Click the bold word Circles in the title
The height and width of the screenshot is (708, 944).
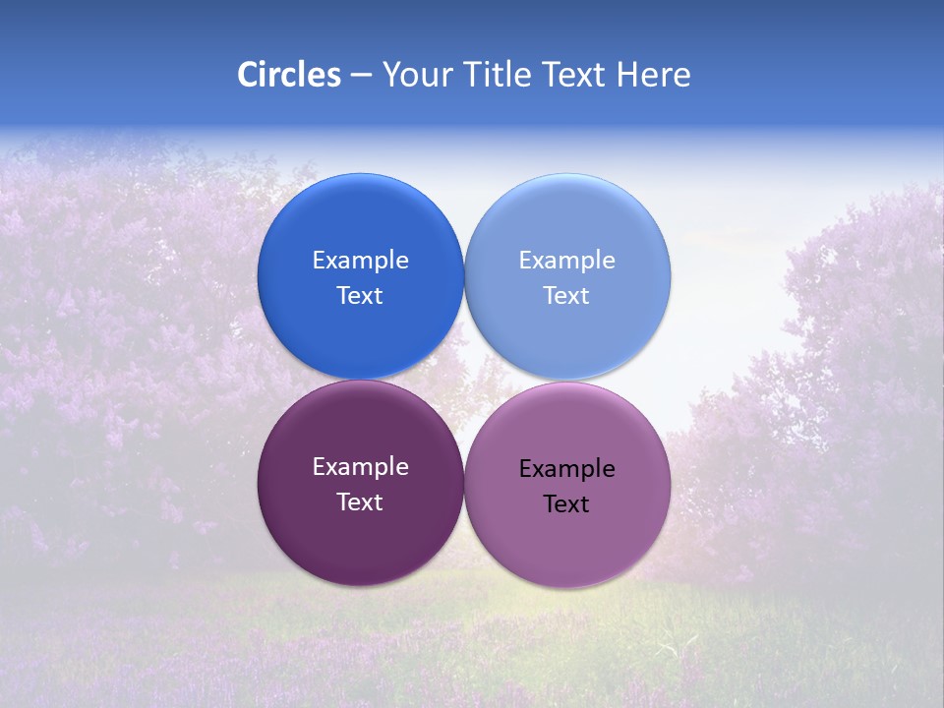point(288,75)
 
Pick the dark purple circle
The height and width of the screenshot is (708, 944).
point(360,536)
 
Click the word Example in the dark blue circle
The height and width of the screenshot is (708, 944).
point(360,261)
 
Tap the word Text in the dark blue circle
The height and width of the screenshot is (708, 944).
point(360,296)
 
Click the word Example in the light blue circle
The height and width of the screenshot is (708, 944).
point(566,261)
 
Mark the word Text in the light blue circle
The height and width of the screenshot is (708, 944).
point(566,296)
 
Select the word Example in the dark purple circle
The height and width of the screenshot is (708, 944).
point(360,467)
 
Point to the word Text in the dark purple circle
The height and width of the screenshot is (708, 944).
point(360,502)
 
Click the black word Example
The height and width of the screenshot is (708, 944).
point(566,469)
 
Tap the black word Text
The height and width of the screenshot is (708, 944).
point(566,504)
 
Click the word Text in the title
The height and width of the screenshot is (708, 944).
point(575,75)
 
